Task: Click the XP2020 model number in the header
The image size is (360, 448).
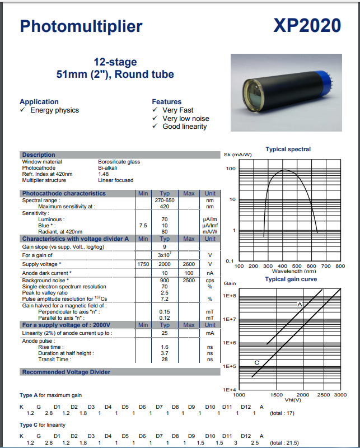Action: coord(307,26)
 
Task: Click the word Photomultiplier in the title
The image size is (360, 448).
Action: coord(81,26)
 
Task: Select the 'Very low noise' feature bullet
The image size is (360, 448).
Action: coord(185,118)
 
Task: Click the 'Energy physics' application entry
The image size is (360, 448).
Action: coord(54,110)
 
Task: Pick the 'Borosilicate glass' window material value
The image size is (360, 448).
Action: coord(119,162)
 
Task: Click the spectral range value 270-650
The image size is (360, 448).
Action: coord(165,200)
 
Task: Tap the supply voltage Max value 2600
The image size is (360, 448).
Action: coord(189,264)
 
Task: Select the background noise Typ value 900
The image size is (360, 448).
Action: coord(165,280)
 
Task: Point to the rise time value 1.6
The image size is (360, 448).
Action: coord(165,347)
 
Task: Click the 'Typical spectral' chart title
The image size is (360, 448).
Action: coord(288,150)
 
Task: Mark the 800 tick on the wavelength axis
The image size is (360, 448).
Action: coord(340,266)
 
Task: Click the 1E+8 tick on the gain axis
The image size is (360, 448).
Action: coord(230,295)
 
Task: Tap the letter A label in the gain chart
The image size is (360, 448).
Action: coord(300,304)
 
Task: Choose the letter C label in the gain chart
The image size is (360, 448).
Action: coord(256,363)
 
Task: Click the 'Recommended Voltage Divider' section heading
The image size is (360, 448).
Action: coord(66,372)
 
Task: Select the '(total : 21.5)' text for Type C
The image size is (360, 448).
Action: coord(284,443)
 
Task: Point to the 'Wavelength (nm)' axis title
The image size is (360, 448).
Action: coord(294,271)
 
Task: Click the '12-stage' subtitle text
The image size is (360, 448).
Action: coord(115,62)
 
